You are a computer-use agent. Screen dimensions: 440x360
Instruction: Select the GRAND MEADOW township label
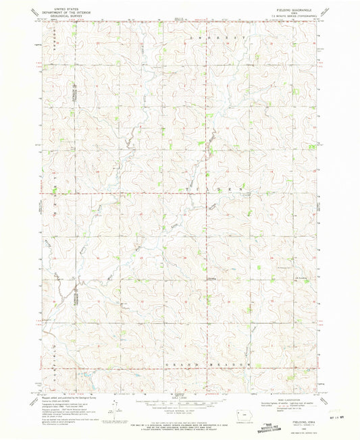211,364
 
